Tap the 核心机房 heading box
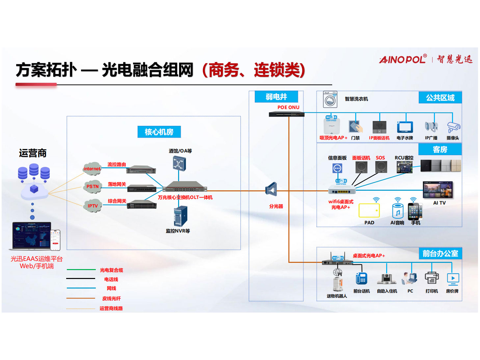[159, 132]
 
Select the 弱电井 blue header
[276, 97]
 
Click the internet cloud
[92, 169]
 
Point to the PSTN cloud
[93, 186]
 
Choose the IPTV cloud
[93, 206]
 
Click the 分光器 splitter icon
[271, 189]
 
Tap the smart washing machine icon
[330, 99]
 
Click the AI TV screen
[438, 190]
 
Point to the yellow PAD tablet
[369, 210]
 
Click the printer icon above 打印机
[431, 278]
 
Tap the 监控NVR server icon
[180, 216]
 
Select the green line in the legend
[81, 270]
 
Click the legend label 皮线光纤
[111, 298]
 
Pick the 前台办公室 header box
[440, 254]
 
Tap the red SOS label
[380, 158]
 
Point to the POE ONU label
[288, 107]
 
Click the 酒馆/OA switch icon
[179, 164]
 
